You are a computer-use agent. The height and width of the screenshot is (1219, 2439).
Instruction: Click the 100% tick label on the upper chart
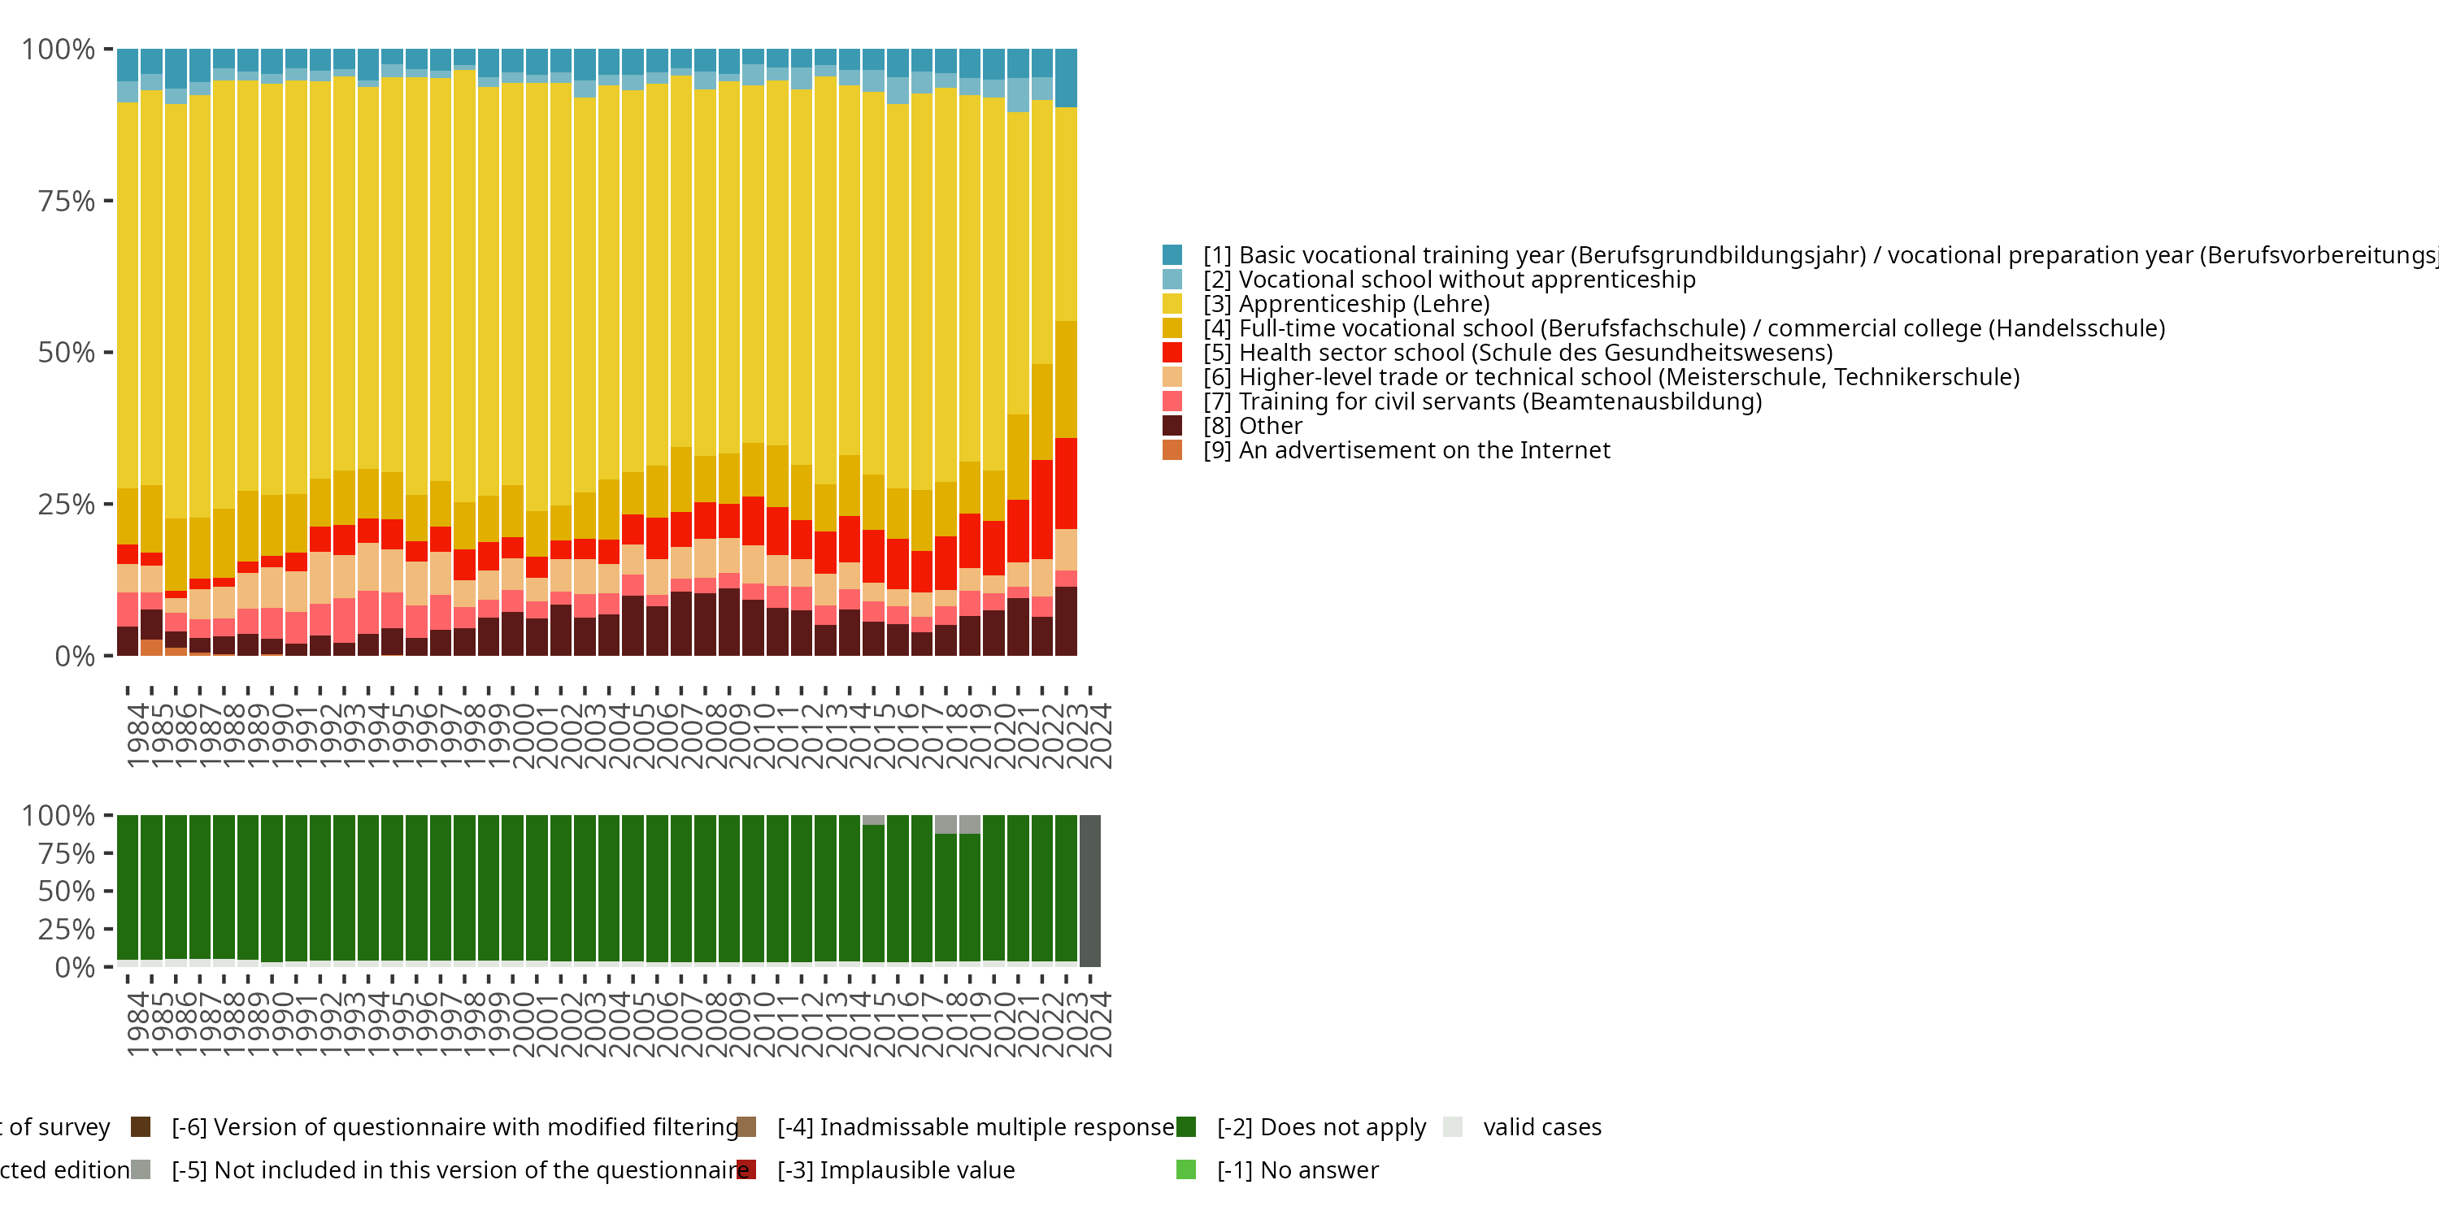coord(59,50)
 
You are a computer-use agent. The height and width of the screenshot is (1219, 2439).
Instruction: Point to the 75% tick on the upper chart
coord(67,201)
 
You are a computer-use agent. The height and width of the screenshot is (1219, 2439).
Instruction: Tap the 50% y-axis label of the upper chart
coord(67,353)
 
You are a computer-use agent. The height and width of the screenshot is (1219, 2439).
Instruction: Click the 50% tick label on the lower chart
coord(67,891)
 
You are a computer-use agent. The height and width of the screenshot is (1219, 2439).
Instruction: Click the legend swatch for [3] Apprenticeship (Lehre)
coord(1172,304)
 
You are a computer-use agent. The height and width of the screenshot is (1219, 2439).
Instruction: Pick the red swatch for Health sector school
coord(1172,352)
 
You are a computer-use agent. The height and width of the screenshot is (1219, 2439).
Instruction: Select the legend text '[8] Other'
coord(1252,426)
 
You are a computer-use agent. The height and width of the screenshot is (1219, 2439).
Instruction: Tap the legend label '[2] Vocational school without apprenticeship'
coord(1449,280)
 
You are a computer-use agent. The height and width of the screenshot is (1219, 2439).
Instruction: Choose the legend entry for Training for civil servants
coord(1482,401)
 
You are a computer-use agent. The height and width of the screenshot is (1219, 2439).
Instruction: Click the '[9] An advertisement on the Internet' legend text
coord(1406,450)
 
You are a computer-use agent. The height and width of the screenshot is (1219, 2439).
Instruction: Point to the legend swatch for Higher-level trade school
coord(1172,377)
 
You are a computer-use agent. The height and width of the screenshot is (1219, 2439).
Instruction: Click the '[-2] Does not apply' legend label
coord(1321,1127)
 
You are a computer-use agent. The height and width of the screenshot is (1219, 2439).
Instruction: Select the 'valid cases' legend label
coord(1541,1127)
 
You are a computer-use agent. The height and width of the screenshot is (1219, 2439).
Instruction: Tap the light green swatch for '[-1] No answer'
coord(1185,1169)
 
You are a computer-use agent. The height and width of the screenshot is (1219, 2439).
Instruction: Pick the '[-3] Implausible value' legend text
coord(896,1169)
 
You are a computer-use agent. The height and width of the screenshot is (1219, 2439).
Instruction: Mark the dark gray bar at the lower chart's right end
coord(1089,891)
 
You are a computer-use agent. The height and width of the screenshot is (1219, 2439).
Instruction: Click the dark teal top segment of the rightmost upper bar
coord(1066,77)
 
